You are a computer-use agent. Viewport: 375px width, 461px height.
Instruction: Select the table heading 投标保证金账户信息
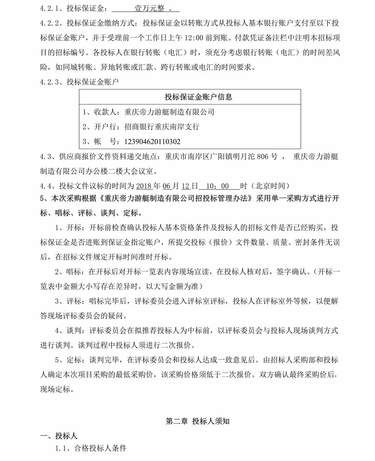198,97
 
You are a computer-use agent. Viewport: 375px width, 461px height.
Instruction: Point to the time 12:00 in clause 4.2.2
212,37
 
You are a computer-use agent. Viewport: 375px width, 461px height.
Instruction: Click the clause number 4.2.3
50,82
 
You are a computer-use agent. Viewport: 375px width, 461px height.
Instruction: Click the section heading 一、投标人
58,436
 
